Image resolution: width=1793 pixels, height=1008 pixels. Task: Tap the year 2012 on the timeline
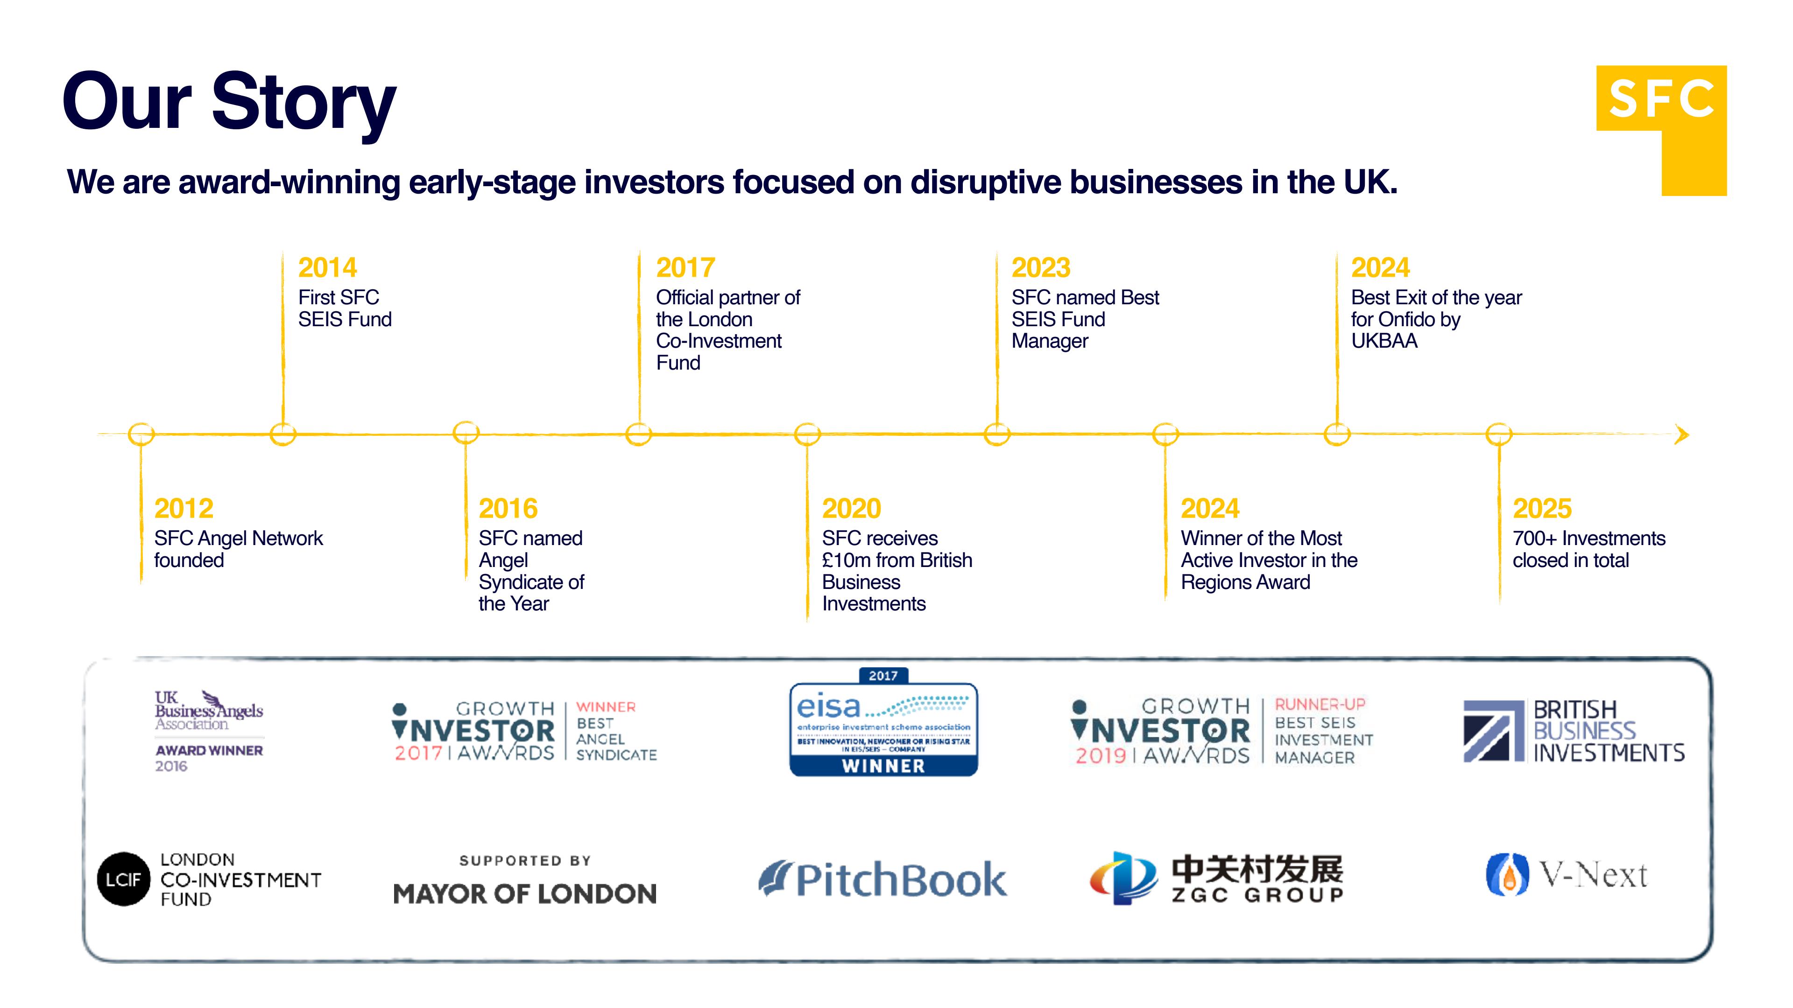184,509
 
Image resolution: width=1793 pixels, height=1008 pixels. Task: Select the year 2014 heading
327,268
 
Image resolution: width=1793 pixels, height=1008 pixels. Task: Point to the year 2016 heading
508,509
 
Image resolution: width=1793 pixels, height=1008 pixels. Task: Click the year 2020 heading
851,509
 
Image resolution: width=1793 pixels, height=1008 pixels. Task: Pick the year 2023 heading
1041,268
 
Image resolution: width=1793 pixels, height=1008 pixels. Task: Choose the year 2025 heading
1542,509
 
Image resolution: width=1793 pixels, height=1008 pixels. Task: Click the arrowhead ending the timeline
1681,435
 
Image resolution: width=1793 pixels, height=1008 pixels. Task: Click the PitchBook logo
882,879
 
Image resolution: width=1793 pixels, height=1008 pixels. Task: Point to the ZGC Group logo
1216,878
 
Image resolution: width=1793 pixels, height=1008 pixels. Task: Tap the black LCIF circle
124,879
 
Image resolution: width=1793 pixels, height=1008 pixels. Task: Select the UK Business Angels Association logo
209,730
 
